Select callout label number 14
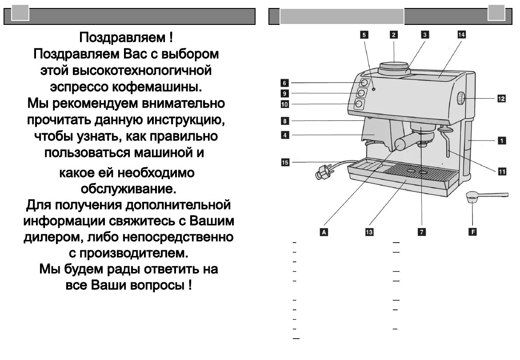461,35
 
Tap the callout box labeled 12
501,99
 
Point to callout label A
324,232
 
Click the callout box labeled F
472,232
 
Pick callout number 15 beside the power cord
285,163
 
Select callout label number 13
369,232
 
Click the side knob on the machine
460,98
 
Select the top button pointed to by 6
364,83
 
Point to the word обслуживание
128,189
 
